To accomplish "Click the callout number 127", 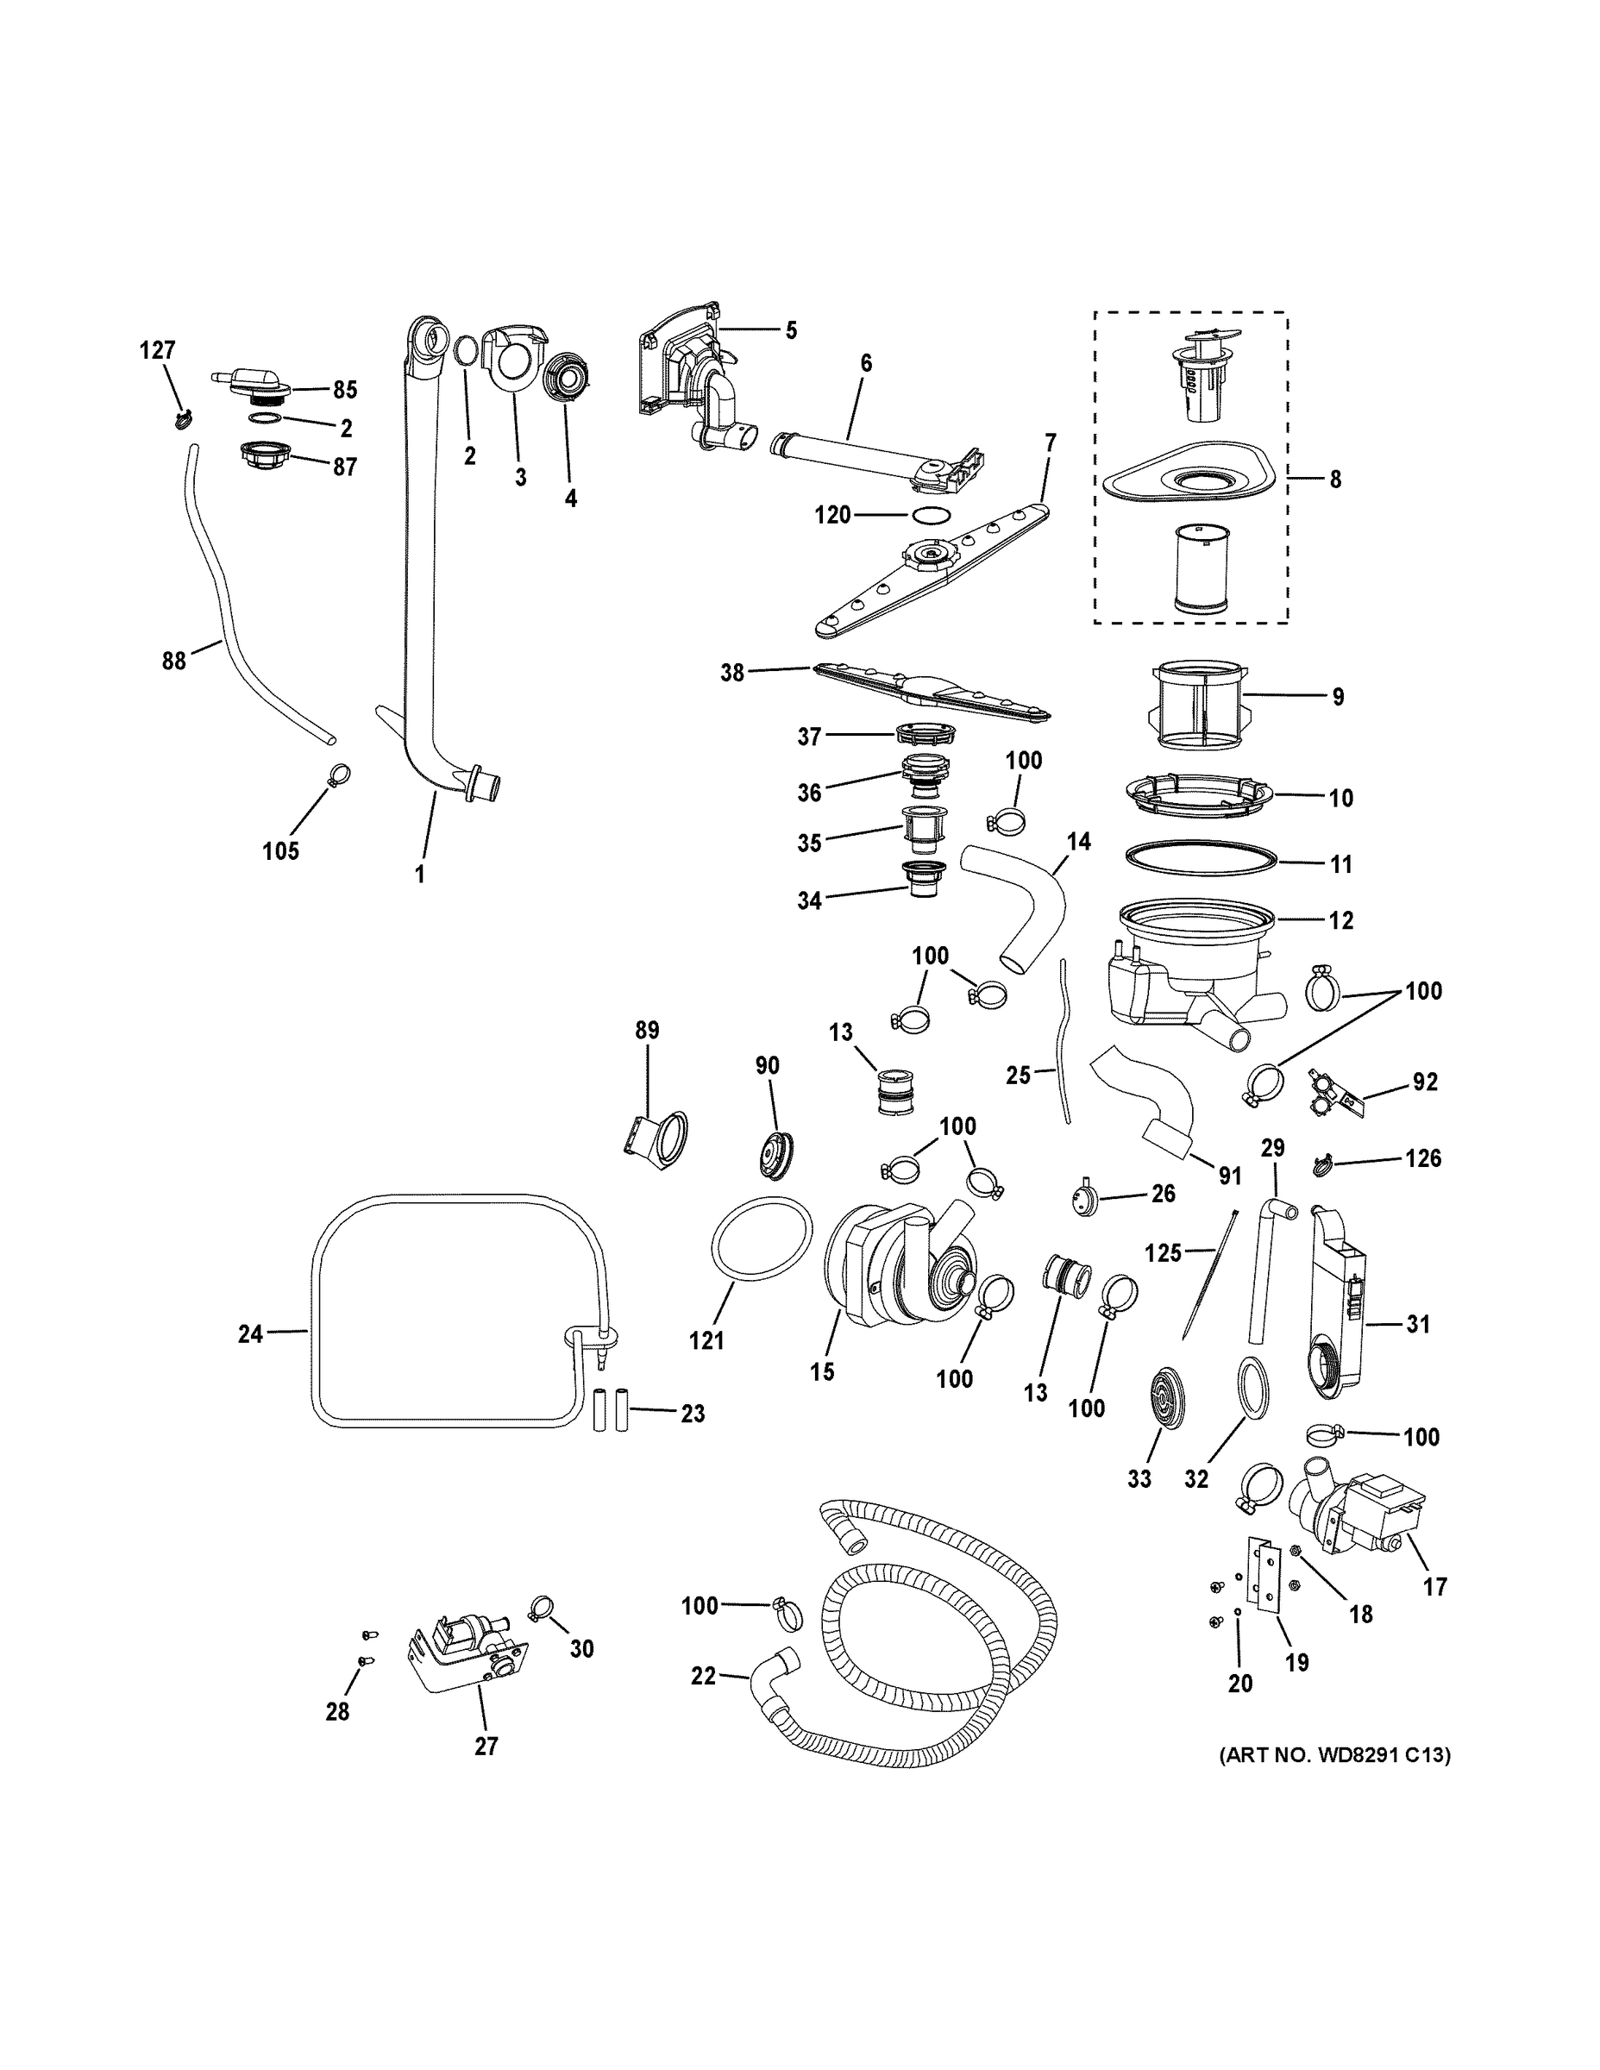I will pyautogui.click(x=157, y=351).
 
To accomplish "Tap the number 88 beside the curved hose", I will pyautogui.click(x=173, y=661).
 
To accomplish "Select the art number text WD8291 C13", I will pyautogui.click(x=1334, y=1755).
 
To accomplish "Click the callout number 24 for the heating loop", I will pyautogui.click(x=250, y=1334).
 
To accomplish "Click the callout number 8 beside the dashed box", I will pyautogui.click(x=1334, y=480).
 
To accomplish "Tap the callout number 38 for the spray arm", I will pyautogui.click(x=732, y=674).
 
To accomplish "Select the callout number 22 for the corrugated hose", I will pyautogui.click(x=703, y=1676).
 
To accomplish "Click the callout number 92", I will pyautogui.click(x=1425, y=1082).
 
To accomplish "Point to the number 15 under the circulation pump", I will pyautogui.click(x=822, y=1371).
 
